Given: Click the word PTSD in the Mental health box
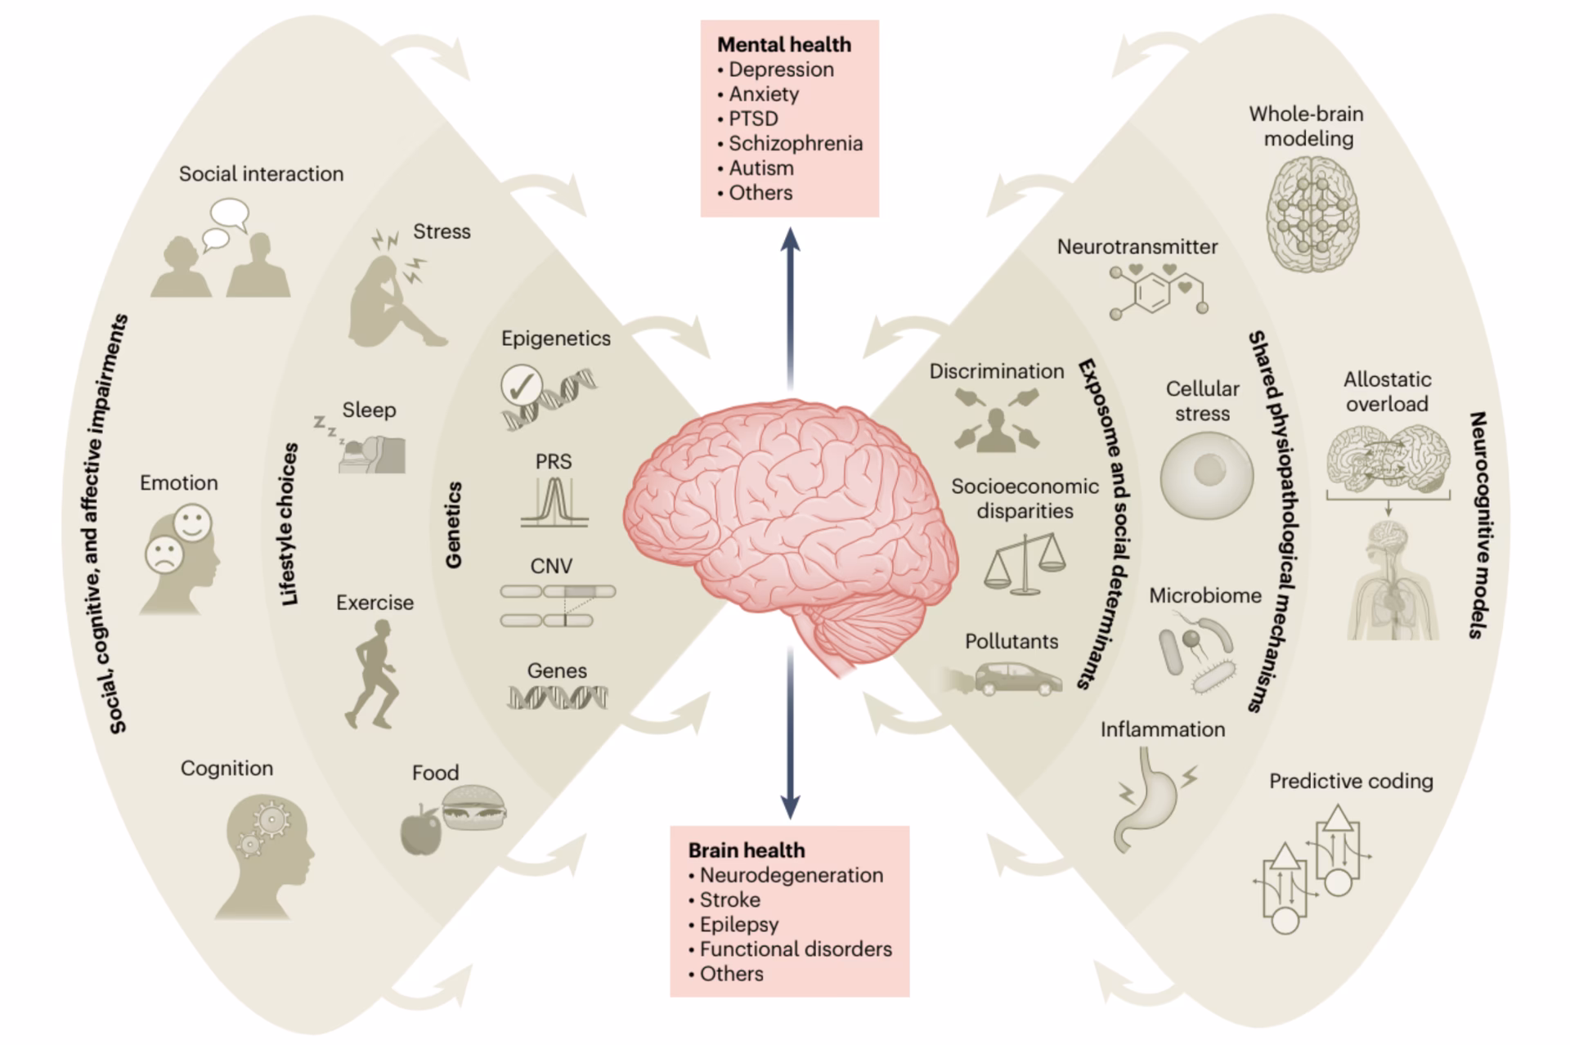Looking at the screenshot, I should [x=753, y=119].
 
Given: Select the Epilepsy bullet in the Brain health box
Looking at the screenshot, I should [x=738, y=924].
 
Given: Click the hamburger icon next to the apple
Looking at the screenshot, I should [x=473, y=808].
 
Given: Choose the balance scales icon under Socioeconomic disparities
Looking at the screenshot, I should [x=1025, y=563].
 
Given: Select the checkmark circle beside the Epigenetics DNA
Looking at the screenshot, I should [x=522, y=386].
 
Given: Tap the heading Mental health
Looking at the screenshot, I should [x=783, y=45].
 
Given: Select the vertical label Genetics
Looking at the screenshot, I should [x=453, y=525].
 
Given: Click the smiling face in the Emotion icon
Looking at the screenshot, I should [x=193, y=522].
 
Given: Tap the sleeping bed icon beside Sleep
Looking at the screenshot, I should [x=373, y=455].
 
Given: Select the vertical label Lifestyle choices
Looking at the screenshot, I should [x=289, y=524].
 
